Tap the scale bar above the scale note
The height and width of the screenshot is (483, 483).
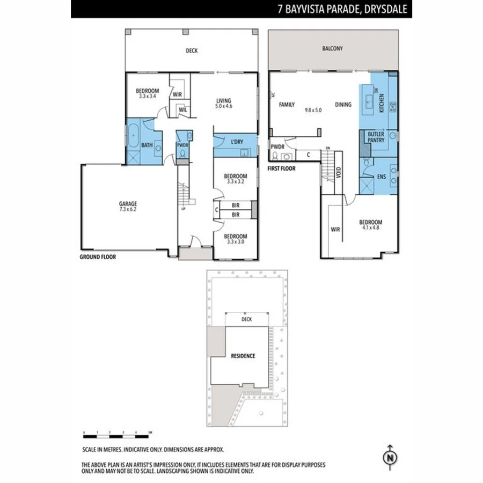click(118, 432)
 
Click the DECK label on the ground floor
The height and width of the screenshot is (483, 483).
click(192, 51)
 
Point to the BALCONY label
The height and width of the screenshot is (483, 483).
click(332, 48)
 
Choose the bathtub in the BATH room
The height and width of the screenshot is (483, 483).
click(133, 132)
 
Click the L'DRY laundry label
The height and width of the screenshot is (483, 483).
click(236, 142)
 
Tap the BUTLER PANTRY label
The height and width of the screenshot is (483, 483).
click(376, 137)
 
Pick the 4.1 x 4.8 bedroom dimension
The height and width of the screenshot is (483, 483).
click(371, 228)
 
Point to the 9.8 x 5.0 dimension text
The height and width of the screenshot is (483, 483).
click(313, 110)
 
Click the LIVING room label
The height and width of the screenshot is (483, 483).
click(223, 100)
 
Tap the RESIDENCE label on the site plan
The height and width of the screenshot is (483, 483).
click(243, 356)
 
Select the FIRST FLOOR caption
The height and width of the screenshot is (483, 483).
click(281, 168)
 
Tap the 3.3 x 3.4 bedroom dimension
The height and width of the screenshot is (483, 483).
click(147, 96)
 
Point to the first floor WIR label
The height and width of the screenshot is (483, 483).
click(335, 230)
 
